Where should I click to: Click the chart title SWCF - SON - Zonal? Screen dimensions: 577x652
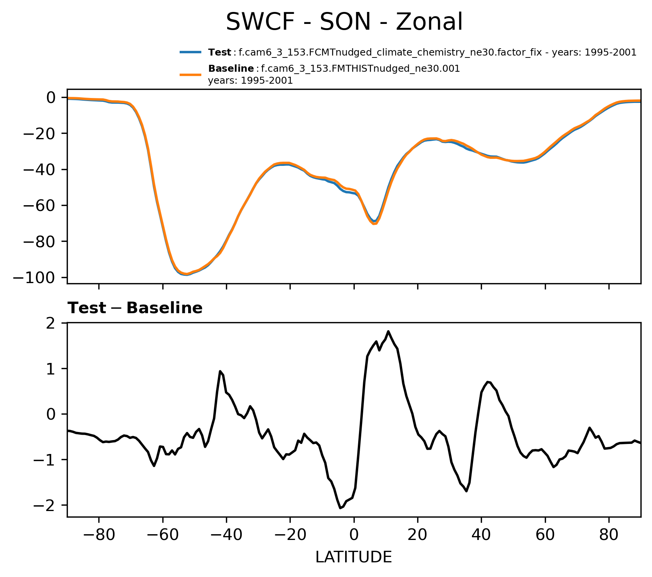pos(344,22)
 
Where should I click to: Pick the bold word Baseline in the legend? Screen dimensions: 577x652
pos(231,69)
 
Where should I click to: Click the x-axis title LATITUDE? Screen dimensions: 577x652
pos(354,557)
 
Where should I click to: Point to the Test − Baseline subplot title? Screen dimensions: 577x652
pos(135,308)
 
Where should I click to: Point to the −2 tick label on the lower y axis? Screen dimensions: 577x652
pos(45,505)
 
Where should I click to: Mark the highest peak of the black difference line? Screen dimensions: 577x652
pos(388,331)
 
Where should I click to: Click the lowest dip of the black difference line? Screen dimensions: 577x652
pos(340,508)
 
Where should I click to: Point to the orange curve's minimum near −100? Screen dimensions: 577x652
pos(187,274)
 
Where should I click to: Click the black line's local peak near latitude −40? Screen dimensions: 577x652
pos(220,371)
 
